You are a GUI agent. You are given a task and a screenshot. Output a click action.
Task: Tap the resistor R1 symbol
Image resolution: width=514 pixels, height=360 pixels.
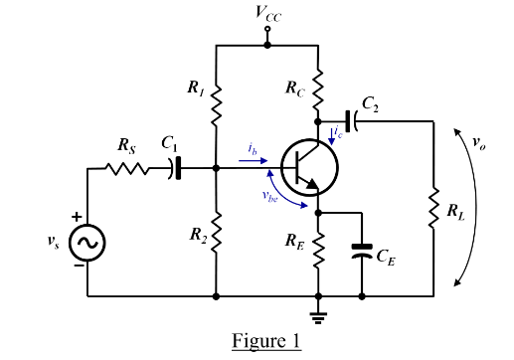(216, 103)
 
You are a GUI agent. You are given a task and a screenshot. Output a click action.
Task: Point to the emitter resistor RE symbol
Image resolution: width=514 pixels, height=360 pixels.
(319, 252)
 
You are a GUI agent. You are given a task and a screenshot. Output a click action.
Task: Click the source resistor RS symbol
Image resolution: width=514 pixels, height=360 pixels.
(127, 169)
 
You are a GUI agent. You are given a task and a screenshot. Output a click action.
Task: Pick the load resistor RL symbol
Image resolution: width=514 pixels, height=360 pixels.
(434, 210)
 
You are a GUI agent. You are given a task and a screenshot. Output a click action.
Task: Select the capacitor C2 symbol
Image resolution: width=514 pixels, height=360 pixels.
(353, 118)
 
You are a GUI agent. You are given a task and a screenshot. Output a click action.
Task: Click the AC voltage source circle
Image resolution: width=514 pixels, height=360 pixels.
(87, 242)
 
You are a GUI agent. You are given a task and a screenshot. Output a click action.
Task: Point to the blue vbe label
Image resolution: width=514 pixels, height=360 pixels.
(269, 195)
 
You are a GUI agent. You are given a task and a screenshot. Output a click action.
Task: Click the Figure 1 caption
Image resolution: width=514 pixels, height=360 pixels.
(265, 341)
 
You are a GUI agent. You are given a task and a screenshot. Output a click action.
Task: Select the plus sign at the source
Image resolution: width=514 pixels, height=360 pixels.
(74, 216)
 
